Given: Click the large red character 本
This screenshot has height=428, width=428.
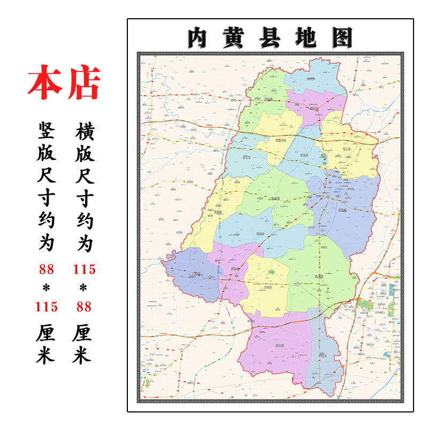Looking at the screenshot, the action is [45, 83].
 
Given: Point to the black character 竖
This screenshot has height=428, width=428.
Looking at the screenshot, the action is [46, 129].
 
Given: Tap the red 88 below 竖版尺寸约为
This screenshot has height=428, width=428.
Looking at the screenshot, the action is [46, 269].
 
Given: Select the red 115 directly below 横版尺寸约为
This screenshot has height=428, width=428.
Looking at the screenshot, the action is [84, 269].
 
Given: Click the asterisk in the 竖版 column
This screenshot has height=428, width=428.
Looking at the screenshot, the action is [46, 288].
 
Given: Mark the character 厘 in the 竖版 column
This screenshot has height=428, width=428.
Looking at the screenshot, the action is [46, 333].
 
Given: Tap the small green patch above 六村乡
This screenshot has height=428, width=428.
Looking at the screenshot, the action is [271, 272].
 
